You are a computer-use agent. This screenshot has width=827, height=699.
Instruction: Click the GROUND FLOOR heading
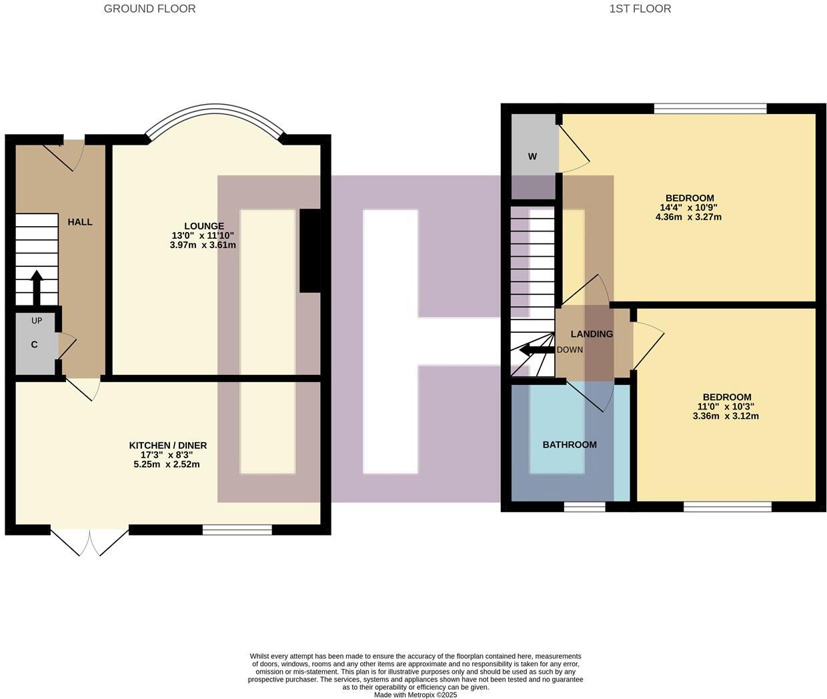[x=149, y=9]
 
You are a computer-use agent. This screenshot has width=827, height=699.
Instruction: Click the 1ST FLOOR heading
[x=640, y=9]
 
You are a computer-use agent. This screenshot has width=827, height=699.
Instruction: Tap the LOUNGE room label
[x=204, y=226]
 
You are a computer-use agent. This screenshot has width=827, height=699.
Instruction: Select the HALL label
[x=80, y=221]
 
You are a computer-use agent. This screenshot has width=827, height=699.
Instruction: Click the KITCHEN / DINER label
[x=168, y=445]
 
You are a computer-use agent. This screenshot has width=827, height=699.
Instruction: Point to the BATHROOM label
[x=569, y=444]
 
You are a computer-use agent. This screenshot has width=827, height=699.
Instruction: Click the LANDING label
[x=591, y=333]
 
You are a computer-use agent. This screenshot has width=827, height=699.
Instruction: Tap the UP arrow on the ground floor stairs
[x=36, y=287]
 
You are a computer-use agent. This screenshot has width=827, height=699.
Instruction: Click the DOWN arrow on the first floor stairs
[x=536, y=349]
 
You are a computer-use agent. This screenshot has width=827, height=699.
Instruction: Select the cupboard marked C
[x=35, y=345]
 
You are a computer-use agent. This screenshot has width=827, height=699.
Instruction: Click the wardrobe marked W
[x=532, y=157]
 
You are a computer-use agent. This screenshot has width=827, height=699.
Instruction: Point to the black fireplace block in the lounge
[x=309, y=251]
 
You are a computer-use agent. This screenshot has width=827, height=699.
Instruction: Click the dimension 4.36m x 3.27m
[x=689, y=217]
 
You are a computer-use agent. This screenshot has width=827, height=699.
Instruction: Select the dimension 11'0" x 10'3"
[x=726, y=406]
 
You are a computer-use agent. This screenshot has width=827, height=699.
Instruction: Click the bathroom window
[x=584, y=507]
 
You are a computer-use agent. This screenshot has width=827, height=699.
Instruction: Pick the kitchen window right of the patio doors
[x=237, y=530]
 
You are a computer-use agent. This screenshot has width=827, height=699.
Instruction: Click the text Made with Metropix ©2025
[x=415, y=694]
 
